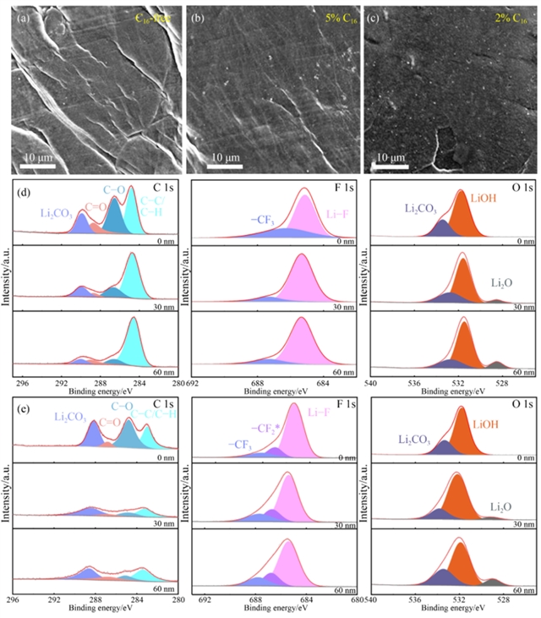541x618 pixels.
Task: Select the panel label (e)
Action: pos(25,411)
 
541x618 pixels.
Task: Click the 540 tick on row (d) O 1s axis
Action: pos(371,382)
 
